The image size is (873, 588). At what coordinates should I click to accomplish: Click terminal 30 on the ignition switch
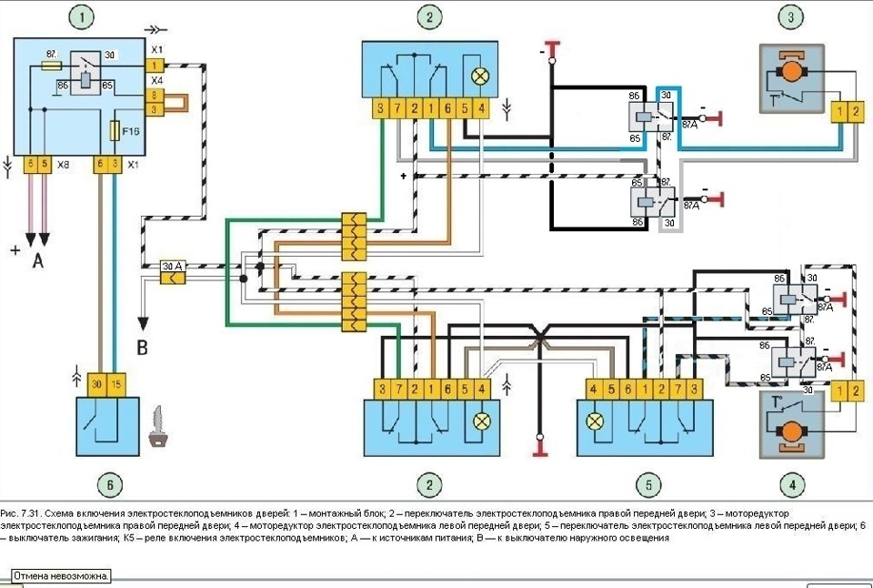[96, 385]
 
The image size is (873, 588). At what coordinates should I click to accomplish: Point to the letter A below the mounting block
[38, 261]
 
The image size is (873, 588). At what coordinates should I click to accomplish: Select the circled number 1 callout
[84, 17]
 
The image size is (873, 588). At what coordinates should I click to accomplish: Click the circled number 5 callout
[647, 483]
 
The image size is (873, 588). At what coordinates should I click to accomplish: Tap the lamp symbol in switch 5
[597, 421]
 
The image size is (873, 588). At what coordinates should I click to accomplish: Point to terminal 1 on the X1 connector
[157, 66]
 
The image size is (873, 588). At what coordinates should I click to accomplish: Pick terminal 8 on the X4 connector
[157, 95]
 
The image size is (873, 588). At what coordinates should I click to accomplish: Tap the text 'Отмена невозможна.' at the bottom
[61, 576]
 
